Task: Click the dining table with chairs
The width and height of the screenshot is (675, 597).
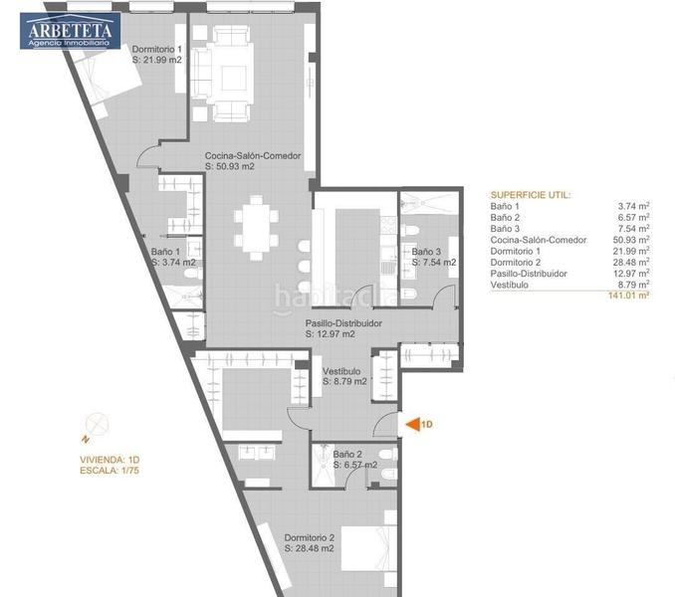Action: click(x=258, y=227)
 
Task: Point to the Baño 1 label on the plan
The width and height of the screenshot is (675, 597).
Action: click(x=173, y=257)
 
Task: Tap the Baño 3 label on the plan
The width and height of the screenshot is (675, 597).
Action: click(x=433, y=257)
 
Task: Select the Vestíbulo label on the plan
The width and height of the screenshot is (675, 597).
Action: click(x=343, y=376)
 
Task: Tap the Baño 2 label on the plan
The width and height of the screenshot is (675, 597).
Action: click(x=354, y=459)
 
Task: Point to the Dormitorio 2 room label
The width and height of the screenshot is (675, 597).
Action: click(x=310, y=542)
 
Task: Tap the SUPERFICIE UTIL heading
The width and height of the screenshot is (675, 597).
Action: click(x=530, y=195)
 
